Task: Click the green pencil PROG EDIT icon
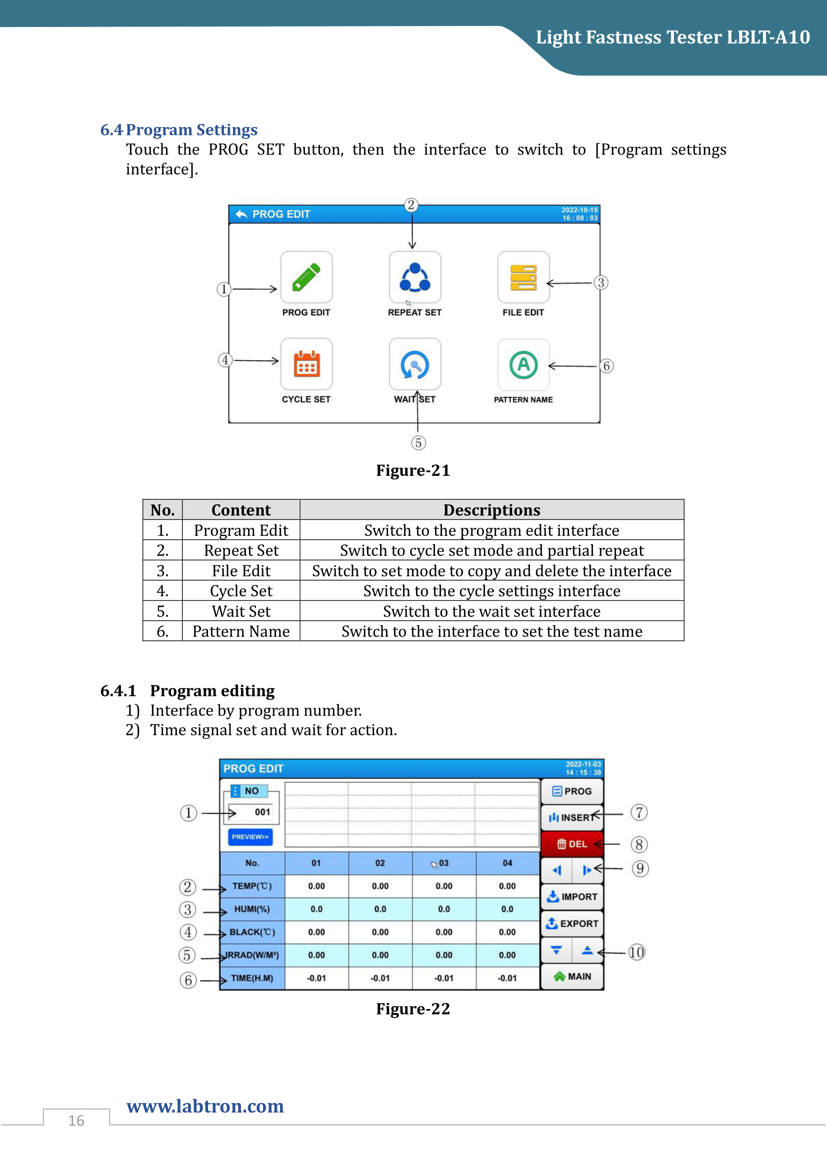[x=306, y=277]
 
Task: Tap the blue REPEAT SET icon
[x=414, y=277]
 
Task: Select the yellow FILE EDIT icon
[x=523, y=277]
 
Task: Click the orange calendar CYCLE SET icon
[x=306, y=364]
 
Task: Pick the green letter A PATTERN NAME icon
[x=523, y=364]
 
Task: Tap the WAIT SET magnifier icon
[x=414, y=364]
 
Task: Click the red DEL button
[x=572, y=844]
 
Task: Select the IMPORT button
[x=572, y=897]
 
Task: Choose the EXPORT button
[x=572, y=924]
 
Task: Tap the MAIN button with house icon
[x=572, y=977]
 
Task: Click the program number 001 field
[x=261, y=812]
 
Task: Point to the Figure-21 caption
[x=413, y=470]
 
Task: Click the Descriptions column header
[x=491, y=510]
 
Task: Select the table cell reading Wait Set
[x=241, y=611]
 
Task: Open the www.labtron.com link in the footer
[x=205, y=1107]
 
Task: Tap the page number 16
[x=76, y=1121]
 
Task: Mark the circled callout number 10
[x=636, y=952]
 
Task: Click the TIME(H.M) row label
[x=252, y=978]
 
